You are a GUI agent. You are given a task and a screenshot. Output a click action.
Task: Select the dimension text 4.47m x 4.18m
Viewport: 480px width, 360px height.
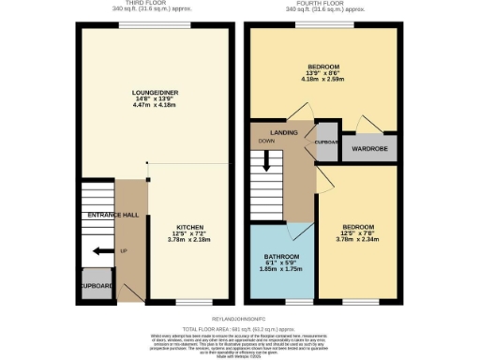[156, 104]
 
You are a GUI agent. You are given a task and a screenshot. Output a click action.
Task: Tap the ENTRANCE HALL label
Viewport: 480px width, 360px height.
[112, 216]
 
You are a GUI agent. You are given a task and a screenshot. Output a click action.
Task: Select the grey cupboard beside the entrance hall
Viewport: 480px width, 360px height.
[96, 286]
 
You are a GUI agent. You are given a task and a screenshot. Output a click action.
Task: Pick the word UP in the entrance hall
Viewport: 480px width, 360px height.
[123, 252]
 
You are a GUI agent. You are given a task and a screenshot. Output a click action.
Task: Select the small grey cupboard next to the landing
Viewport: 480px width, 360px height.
[326, 142]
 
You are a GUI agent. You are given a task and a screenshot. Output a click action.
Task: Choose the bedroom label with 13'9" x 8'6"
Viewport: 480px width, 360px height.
[323, 67]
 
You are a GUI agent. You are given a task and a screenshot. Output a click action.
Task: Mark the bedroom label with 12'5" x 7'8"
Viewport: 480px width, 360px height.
[359, 226]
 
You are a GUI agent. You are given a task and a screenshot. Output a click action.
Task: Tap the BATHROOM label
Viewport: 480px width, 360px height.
[281, 257]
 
